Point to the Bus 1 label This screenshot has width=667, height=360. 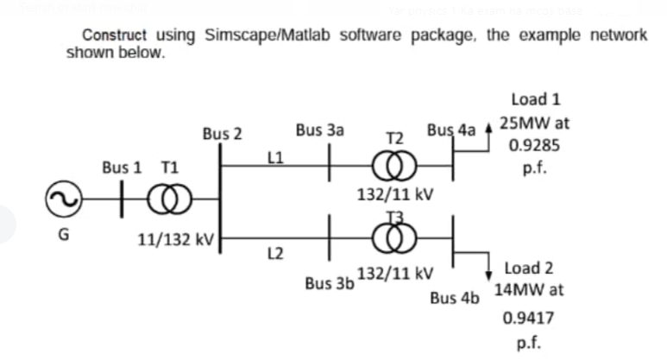[x=122, y=167]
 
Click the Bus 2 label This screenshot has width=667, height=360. [x=222, y=134]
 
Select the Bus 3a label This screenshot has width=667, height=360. [x=319, y=130]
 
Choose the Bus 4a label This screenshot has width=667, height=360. [x=451, y=131]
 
